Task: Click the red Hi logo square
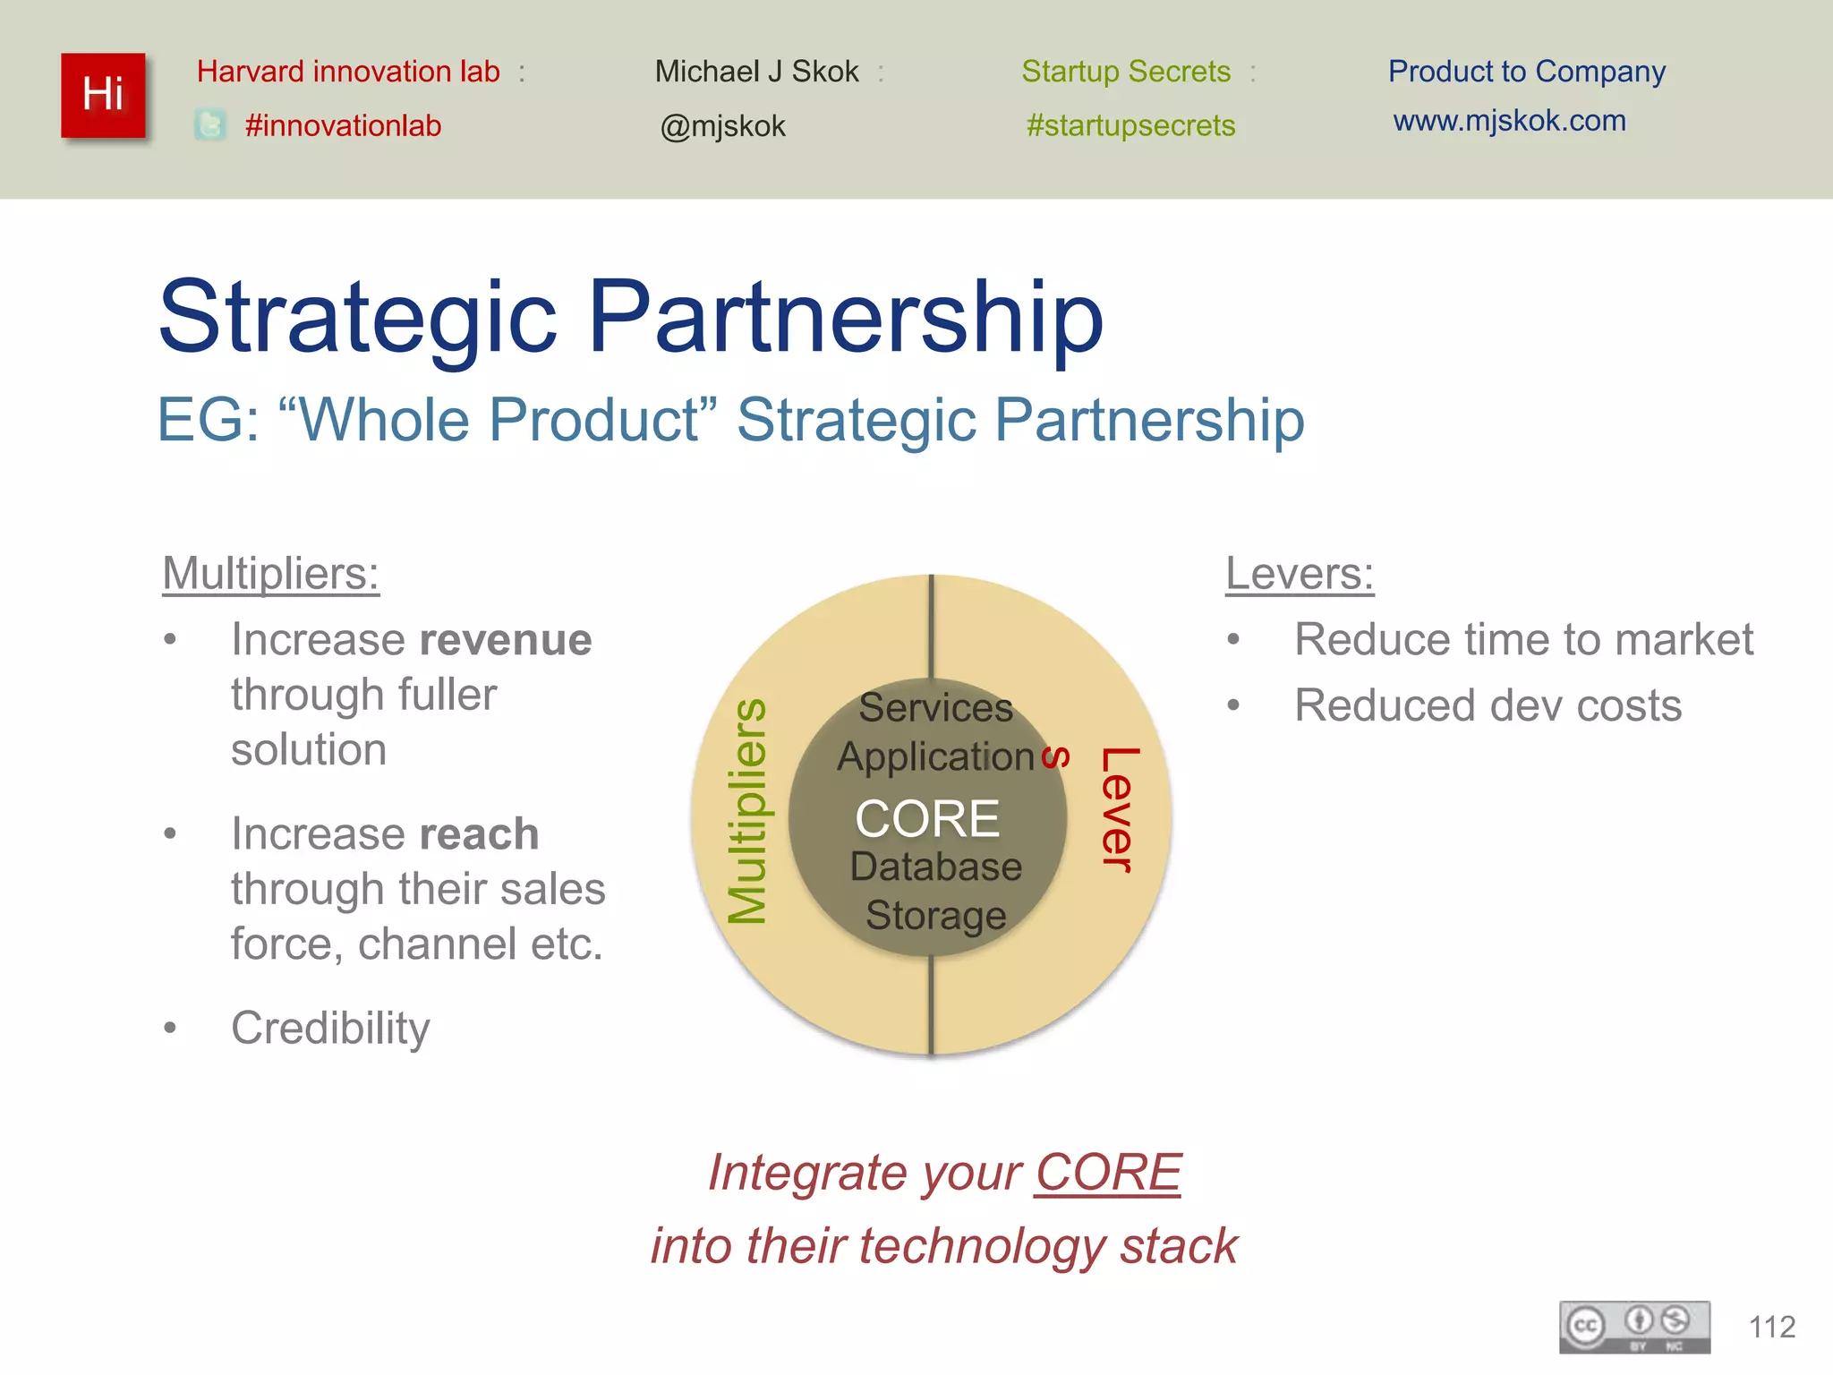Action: pyautogui.click(x=103, y=95)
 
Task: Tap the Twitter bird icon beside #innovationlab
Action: pyautogui.click(x=209, y=124)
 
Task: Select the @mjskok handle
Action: pyautogui.click(x=722, y=126)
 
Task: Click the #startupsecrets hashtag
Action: pyautogui.click(x=1130, y=125)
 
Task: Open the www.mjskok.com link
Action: pyautogui.click(x=1509, y=120)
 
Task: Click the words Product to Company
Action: pyautogui.click(x=1526, y=71)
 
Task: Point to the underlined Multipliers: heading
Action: pyautogui.click(x=270, y=573)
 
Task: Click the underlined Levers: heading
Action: pyautogui.click(x=1299, y=573)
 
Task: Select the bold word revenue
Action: pyautogui.click(x=506, y=640)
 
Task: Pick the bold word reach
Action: pyautogui.click(x=479, y=834)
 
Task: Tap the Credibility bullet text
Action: pyautogui.click(x=330, y=1028)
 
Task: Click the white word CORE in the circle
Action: pyautogui.click(x=927, y=818)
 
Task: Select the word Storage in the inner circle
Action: pyautogui.click(x=935, y=915)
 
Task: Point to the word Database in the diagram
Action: pyautogui.click(x=935, y=867)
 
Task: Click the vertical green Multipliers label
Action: pyautogui.click(x=746, y=811)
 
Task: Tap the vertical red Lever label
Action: pyautogui.click(x=1119, y=809)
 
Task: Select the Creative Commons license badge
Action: pyautogui.click(x=1634, y=1327)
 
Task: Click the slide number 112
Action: pyautogui.click(x=1771, y=1327)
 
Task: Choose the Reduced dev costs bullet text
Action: pyautogui.click(x=1488, y=705)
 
